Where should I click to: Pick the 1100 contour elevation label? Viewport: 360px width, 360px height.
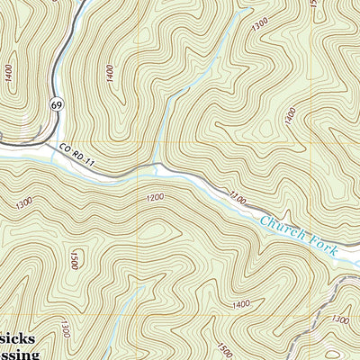pyautogui.click(x=237, y=193)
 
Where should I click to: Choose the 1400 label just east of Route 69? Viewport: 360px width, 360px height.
pyautogui.click(x=110, y=73)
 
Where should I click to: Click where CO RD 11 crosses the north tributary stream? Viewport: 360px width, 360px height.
pyautogui.click(x=159, y=166)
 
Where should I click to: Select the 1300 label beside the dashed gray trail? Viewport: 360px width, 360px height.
pyautogui.click(x=341, y=319)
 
